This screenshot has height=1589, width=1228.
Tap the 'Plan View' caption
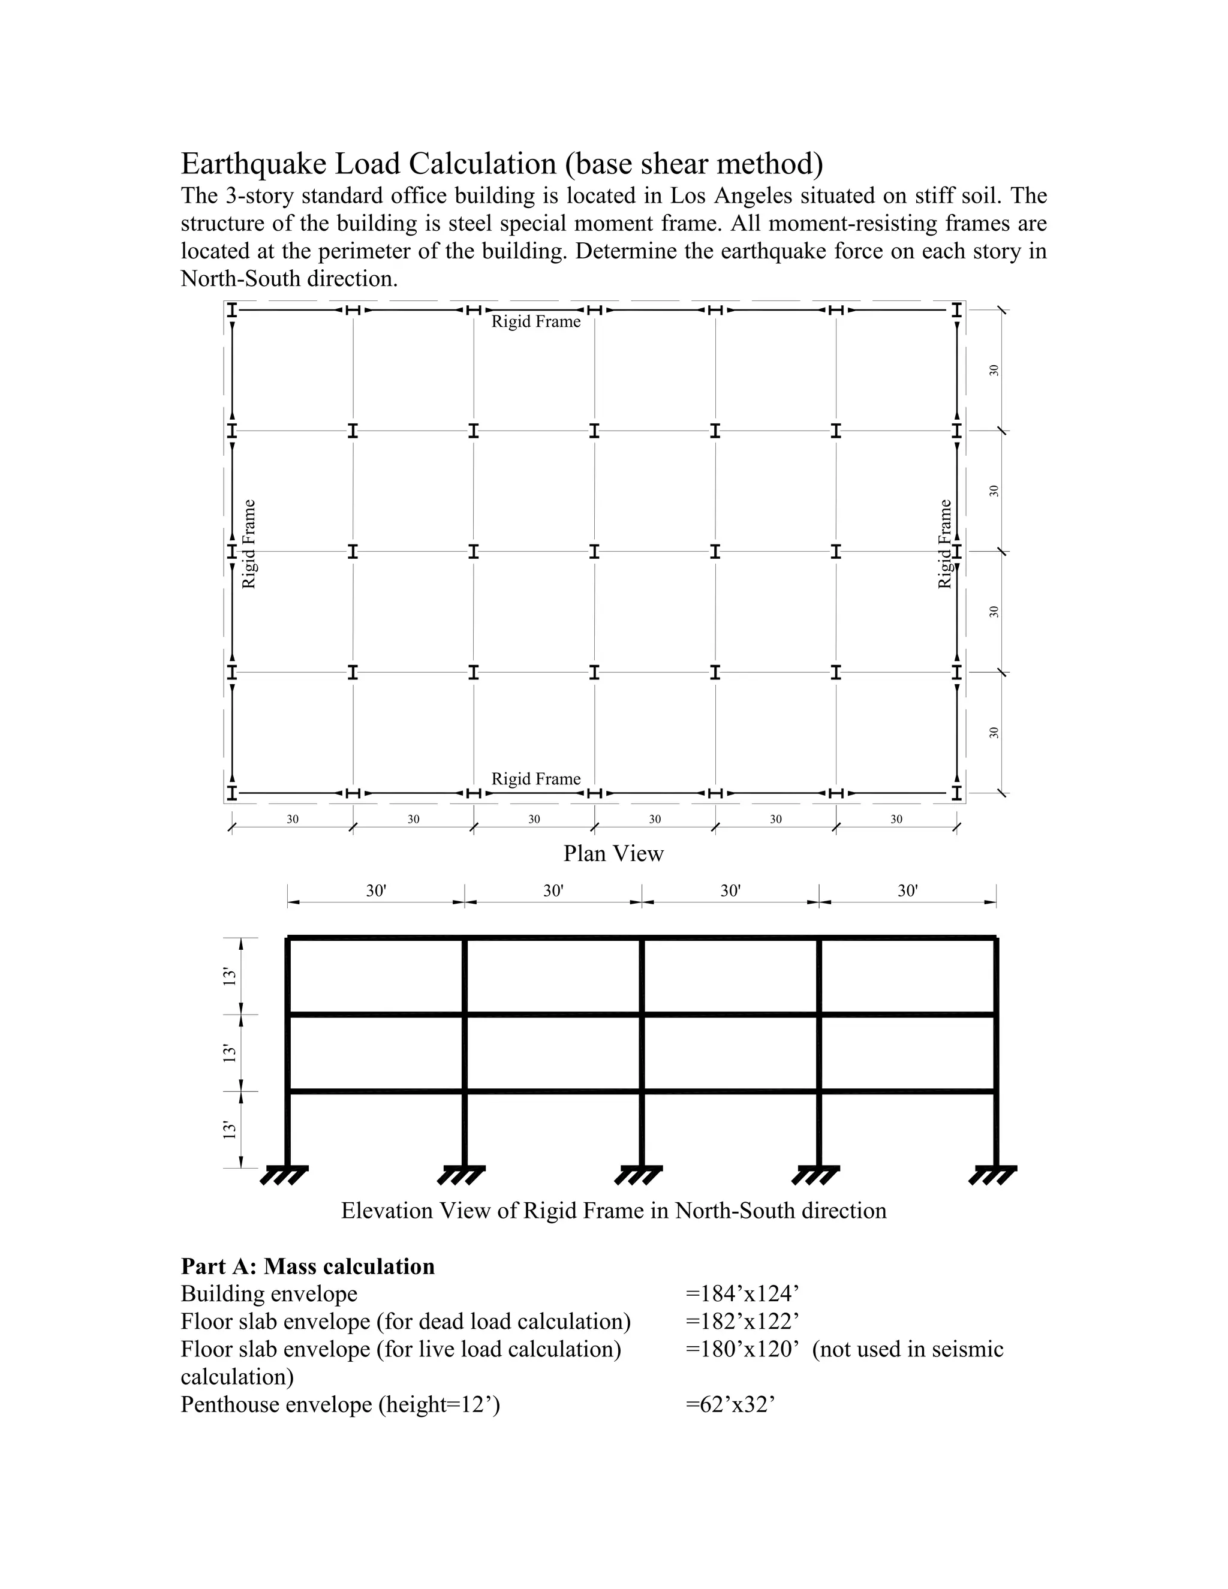coord(613,853)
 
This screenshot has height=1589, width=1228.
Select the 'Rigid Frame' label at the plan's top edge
coord(535,321)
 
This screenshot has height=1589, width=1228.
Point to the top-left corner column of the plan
coord(232,310)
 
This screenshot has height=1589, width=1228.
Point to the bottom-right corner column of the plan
coord(956,792)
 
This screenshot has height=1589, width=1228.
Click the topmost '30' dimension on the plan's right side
coord(994,369)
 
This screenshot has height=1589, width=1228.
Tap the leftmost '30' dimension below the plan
coord(293,819)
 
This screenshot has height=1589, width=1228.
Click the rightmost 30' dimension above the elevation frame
coord(907,890)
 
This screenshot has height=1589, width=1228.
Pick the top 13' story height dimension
coord(230,976)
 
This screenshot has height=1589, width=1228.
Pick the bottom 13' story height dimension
coord(230,1129)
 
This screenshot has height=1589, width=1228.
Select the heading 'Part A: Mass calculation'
coord(308,1266)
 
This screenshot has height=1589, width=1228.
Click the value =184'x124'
coord(742,1293)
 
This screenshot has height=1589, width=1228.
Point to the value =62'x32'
coord(730,1404)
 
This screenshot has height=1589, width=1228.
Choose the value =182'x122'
coord(742,1321)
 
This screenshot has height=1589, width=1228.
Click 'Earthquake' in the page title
coord(253,164)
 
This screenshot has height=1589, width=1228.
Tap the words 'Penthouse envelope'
coord(276,1404)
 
